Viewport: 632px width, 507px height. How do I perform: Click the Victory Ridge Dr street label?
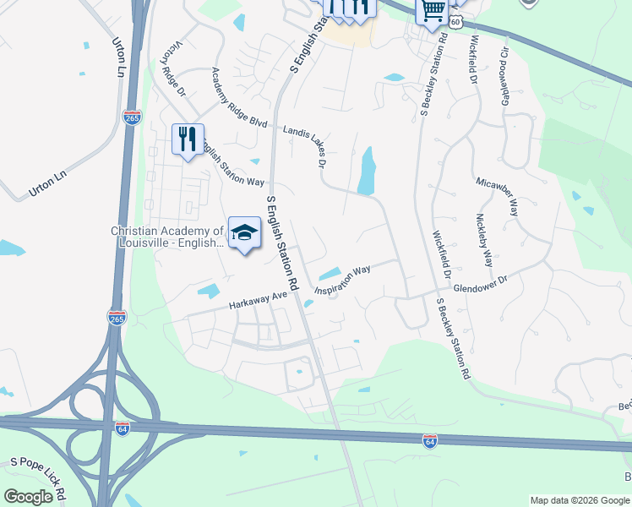(x=176, y=62)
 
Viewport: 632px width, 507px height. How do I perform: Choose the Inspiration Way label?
(x=343, y=282)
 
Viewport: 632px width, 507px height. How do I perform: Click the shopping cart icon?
(x=432, y=11)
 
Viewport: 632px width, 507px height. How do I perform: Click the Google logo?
(x=28, y=497)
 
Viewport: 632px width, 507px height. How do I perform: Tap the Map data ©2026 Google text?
(x=579, y=500)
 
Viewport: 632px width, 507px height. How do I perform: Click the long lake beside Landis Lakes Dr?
(x=367, y=171)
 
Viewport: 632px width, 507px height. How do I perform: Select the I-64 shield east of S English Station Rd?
(x=430, y=440)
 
